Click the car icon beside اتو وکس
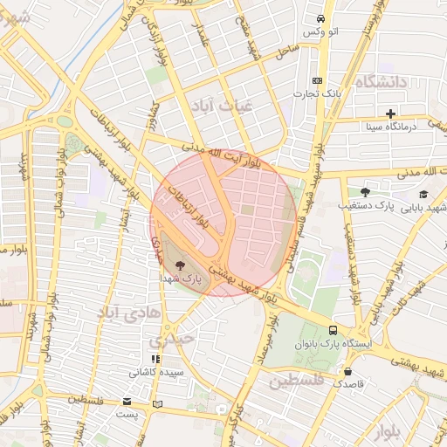tap(321, 18)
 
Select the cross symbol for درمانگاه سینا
tap(390, 113)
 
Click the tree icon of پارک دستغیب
tap(365, 192)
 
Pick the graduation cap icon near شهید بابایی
tap(424, 194)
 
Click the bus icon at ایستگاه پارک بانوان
tap(333, 330)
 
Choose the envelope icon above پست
tap(128, 402)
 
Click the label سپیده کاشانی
tap(155, 372)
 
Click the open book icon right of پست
tap(157, 404)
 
